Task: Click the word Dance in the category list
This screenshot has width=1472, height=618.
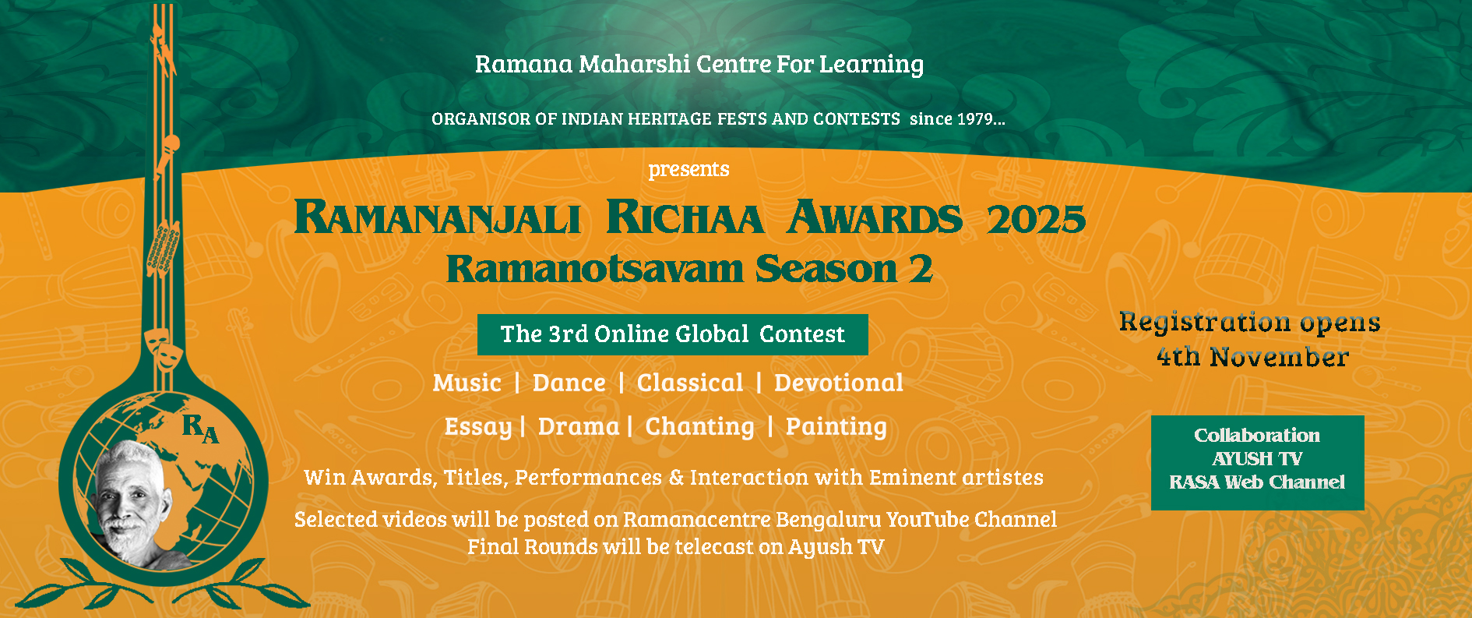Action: click(569, 383)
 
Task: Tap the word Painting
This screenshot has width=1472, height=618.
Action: click(836, 427)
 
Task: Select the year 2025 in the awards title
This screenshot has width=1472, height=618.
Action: click(1036, 219)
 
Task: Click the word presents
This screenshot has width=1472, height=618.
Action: click(688, 170)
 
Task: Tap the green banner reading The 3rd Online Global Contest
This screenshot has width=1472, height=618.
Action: click(672, 334)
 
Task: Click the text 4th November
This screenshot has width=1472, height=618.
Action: click(1252, 357)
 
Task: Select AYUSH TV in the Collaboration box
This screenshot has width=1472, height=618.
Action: click(1257, 458)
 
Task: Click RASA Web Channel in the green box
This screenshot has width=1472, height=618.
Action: click(1257, 482)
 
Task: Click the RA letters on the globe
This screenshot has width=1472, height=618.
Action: click(200, 428)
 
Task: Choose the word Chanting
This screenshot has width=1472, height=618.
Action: click(699, 427)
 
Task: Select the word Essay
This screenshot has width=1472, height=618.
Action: click(477, 427)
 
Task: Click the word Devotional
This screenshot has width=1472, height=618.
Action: click(839, 383)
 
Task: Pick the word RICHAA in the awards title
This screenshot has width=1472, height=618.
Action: click(685, 217)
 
